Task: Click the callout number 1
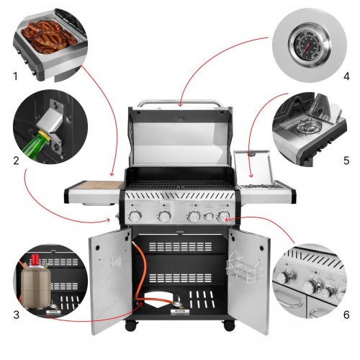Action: (x=16, y=76)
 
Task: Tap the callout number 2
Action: (x=16, y=161)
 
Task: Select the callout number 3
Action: (x=16, y=315)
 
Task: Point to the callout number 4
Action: (x=346, y=76)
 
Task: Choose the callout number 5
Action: (x=346, y=161)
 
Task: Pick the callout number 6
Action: (x=346, y=315)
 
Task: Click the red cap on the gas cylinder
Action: (x=35, y=259)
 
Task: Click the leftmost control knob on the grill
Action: (x=135, y=216)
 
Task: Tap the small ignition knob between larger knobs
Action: (x=209, y=216)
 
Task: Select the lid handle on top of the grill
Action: (x=180, y=103)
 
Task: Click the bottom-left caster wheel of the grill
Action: (x=132, y=326)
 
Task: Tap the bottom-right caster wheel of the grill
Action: (x=229, y=326)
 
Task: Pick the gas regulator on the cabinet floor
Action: (x=178, y=303)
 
